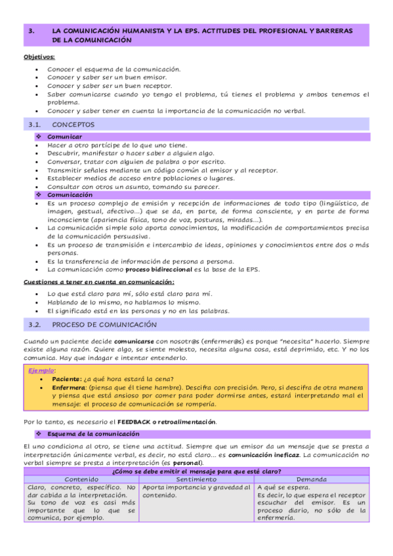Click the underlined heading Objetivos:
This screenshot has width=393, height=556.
tap(39, 57)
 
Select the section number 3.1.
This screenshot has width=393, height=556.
tap(35, 124)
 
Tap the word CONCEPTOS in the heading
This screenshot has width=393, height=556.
tap(73, 124)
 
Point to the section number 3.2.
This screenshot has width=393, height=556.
tap(35, 325)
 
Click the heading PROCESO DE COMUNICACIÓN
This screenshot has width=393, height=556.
tap(104, 325)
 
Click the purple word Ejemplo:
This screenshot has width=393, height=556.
tap(42, 370)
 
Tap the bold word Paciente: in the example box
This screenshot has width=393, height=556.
tap(64, 379)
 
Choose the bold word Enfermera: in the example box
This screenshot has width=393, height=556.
tap(69, 387)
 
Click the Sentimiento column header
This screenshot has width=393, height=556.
tap(197, 479)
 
